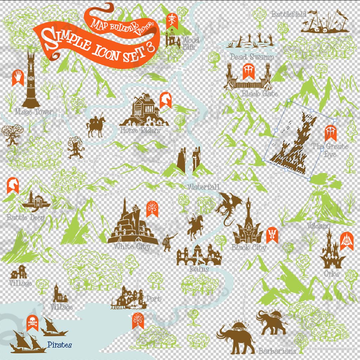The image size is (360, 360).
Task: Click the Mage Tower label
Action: click(34, 112)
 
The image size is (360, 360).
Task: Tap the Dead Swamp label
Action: click(252, 57)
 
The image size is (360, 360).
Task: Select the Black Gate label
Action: click(260, 94)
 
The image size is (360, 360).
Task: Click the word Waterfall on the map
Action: click(203, 187)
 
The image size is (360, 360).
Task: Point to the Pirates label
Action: click(59, 345)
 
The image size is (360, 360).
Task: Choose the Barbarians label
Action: click(277, 351)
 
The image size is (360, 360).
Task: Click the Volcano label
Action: click(318, 225)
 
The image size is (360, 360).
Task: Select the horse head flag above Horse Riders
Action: click(165, 100)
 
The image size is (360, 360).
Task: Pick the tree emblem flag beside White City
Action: click(152, 209)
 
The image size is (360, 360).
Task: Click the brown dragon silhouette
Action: click(229, 207)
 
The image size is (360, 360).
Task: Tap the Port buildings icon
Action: click(129, 298)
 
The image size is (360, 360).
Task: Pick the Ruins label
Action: click(199, 269)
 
